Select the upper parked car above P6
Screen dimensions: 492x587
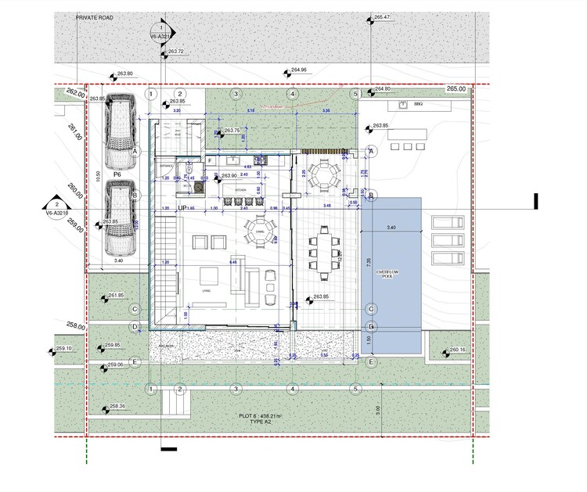tap(120, 125)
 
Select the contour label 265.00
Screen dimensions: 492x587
tap(456, 89)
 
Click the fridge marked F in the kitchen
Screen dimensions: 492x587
tap(211, 160)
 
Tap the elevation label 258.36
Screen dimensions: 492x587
tap(117, 406)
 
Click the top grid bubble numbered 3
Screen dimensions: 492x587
tap(235, 94)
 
